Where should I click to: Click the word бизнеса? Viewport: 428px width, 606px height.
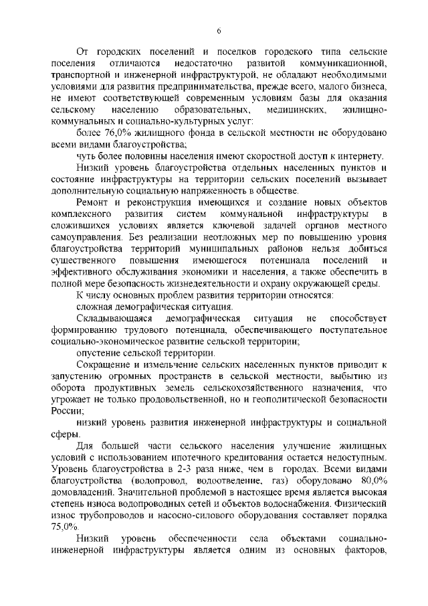pos(365,86)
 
